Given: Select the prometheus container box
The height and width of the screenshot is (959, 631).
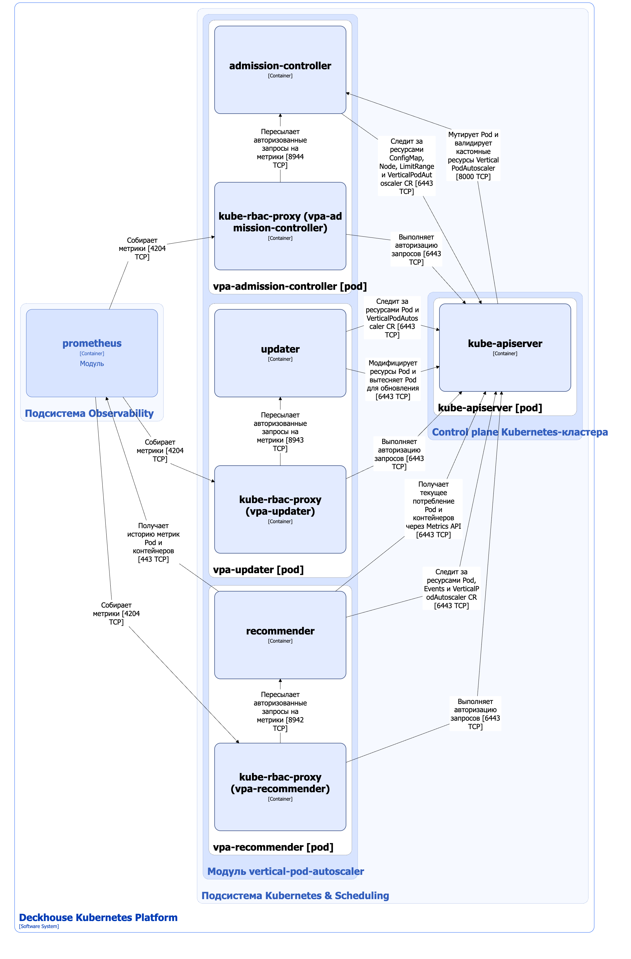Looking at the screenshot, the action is click(92, 353).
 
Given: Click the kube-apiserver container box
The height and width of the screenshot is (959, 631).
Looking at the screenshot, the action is click(505, 347).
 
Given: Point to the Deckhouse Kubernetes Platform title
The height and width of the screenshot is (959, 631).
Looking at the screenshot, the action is click(98, 917).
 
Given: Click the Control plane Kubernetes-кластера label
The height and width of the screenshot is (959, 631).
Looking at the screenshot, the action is click(520, 432).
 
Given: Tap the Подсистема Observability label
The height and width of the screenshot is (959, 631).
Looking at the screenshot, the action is click(89, 413).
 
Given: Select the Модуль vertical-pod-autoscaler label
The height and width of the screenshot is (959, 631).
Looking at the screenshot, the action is click(286, 871).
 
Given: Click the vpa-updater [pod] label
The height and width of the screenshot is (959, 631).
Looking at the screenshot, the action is click(258, 569).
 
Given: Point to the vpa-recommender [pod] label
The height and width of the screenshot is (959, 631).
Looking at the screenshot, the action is click(273, 847).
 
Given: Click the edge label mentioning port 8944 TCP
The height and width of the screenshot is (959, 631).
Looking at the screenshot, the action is click(280, 148).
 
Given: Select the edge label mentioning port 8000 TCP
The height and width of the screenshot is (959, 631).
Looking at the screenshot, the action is click(473, 155).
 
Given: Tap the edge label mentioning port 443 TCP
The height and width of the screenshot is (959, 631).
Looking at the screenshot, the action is click(153, 542).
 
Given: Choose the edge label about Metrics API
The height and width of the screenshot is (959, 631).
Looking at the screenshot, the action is click(433, 509).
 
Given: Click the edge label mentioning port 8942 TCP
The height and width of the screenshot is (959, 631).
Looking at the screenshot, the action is click(280, 711).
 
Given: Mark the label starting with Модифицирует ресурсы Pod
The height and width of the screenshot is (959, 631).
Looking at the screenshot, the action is click(393, 379).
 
